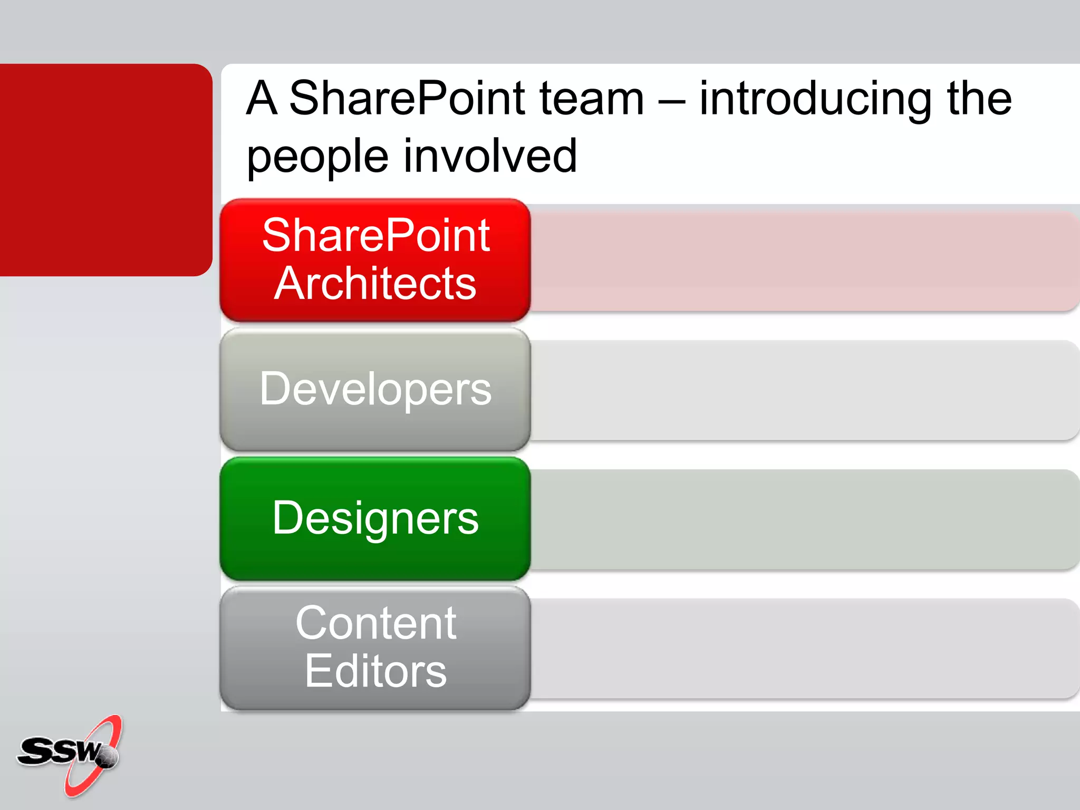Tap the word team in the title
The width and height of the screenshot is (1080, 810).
(x=592, y=99)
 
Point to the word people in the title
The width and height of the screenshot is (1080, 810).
(x=317, y=157)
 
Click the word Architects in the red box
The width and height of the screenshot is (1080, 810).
(x=375, y=284)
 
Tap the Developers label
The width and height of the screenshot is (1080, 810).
(x=375, y=389)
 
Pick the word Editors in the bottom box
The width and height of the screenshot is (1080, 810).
(x=375, y=671)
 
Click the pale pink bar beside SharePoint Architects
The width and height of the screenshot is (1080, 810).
(x=802, y=262)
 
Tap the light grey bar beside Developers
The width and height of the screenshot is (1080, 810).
(x=802, y=390)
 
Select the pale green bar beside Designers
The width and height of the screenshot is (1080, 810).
(x=802, y=519)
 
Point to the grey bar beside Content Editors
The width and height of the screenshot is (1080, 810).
(x=802, y=649)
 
